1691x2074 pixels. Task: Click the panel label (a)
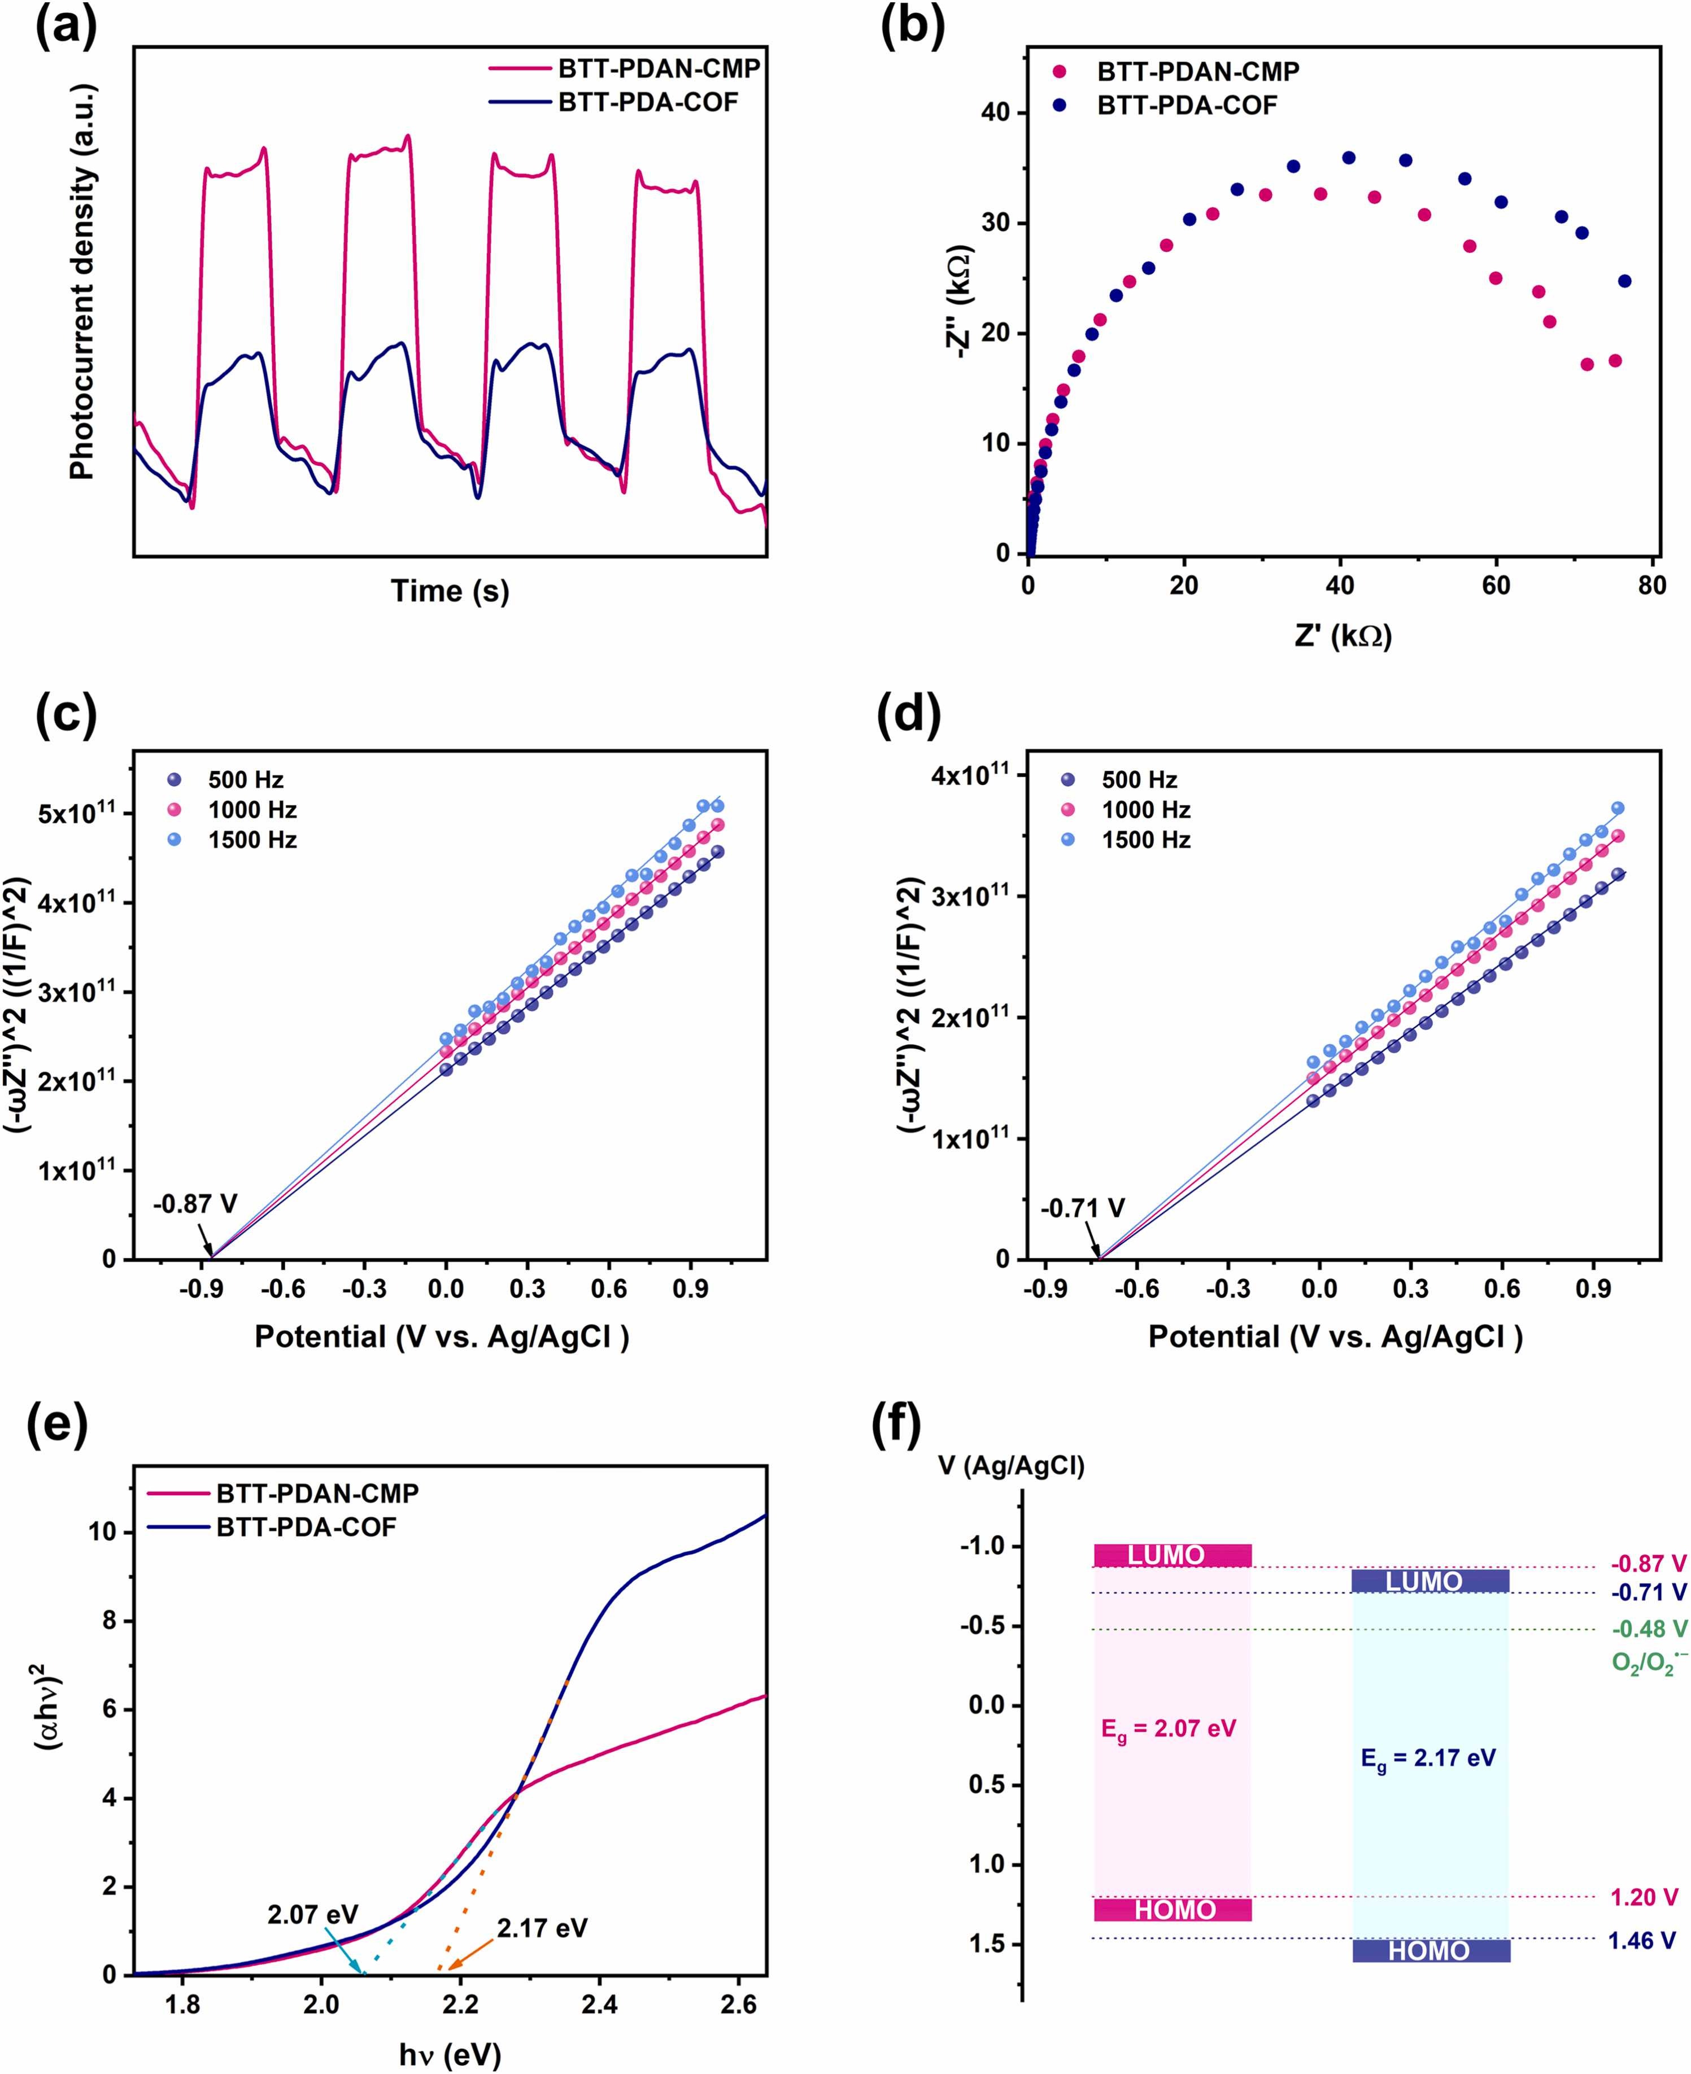click(x=66, y=27)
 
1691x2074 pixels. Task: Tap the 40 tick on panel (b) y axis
click(x=996, y=113)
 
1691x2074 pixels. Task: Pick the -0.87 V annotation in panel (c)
click(x=195, y=1203)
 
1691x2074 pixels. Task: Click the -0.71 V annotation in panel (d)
click(x=1082, y=1208)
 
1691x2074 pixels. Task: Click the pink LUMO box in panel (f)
click(x=1172, y=1555)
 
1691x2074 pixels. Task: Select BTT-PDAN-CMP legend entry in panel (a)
click(x=659, y=69)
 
